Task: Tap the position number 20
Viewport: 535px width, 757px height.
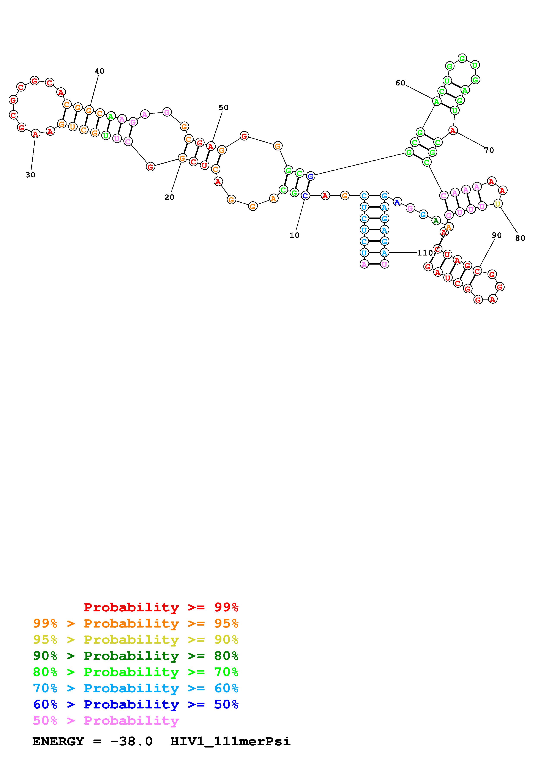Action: coord(169,197)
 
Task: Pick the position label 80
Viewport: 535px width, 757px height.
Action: coord(520,238)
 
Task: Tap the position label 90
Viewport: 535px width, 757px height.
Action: coord(496,235)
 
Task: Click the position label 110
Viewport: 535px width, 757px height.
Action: coord(425,253)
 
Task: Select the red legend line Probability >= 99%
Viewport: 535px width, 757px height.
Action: coord(161,607)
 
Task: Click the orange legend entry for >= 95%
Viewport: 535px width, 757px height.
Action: coord(136,623)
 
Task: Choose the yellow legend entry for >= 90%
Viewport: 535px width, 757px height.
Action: coord(136,640)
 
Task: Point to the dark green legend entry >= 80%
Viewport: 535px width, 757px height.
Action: coord(136,656)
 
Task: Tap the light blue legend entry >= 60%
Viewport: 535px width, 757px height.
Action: coord(136,688)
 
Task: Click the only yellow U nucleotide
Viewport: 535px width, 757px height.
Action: coord(497,204)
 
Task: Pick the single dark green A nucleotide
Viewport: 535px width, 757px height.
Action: coord(436,221)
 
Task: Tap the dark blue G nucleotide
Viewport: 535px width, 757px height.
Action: coord(310,176)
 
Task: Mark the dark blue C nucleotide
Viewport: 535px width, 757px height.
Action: coord(305,196)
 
